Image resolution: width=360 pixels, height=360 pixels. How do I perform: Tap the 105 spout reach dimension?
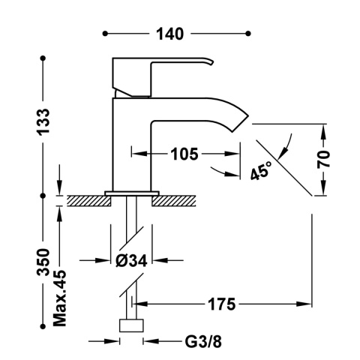(x=183, y=154)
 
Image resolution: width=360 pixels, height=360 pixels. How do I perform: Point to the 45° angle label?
(x=260, y=172)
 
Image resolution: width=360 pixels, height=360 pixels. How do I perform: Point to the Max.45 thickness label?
(x=60, y=298)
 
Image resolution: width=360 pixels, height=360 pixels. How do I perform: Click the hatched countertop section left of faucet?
(x=85, y=200)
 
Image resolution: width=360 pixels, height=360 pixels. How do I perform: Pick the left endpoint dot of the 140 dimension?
(x=106, y=34)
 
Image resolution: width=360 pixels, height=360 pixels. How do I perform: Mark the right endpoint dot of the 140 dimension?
(x=247, y=34)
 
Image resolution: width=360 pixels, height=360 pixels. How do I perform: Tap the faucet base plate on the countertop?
(x=132, y=193)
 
